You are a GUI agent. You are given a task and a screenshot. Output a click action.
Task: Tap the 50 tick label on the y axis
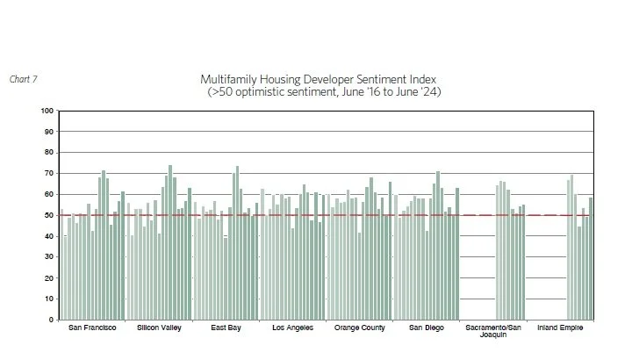click(x=47, y=215)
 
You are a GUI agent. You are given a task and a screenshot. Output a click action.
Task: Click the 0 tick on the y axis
click(x=50, y=320)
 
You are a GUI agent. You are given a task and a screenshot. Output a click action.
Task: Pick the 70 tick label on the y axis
click(x=47, y=173)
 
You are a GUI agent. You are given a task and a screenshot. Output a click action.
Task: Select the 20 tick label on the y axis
click(x=47, y=277)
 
